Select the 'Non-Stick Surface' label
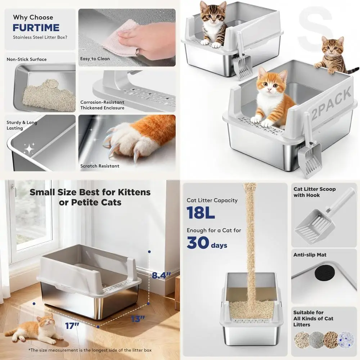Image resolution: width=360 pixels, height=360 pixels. (x=27, y=59)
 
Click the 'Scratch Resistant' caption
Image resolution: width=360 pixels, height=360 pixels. (x=100, y=166)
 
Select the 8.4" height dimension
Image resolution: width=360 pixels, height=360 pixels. (x=161, y=276)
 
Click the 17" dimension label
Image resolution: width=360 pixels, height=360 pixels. (x=72, y=326)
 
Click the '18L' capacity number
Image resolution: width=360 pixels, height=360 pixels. (x=201, y=213)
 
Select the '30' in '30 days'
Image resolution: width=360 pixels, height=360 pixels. (x=198, y=243)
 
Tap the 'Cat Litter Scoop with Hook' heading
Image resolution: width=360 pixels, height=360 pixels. (x=314, y=192)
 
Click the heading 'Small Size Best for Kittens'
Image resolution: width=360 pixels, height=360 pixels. (x=90, y=192)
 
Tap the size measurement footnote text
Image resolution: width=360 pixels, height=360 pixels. (x=90, y=350)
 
